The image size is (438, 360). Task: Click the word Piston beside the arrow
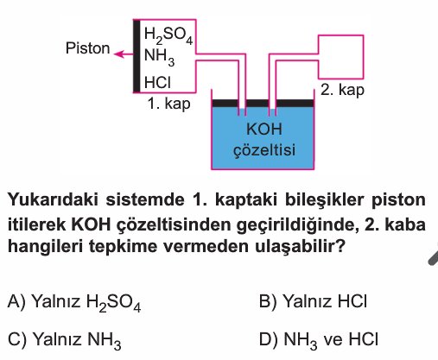(87, 48)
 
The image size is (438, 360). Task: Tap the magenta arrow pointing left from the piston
(124, 54)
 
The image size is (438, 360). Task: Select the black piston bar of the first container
(136, 56)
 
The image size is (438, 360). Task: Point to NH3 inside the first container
(159, 57)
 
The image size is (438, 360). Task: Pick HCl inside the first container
(157, 82)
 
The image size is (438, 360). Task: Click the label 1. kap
(168, 104)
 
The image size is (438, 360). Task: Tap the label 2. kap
(342, 90)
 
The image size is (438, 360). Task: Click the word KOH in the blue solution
(264, 129)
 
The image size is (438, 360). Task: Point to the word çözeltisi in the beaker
(264, 150)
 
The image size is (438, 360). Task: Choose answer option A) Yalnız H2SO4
(74, 303)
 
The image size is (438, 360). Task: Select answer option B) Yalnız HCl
(313, 301)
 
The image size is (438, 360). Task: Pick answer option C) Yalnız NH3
(64, 340)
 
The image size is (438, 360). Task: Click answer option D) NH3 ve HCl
(319, 340)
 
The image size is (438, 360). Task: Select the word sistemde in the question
(145, 199)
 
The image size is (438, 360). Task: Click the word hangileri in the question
(47, 247)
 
